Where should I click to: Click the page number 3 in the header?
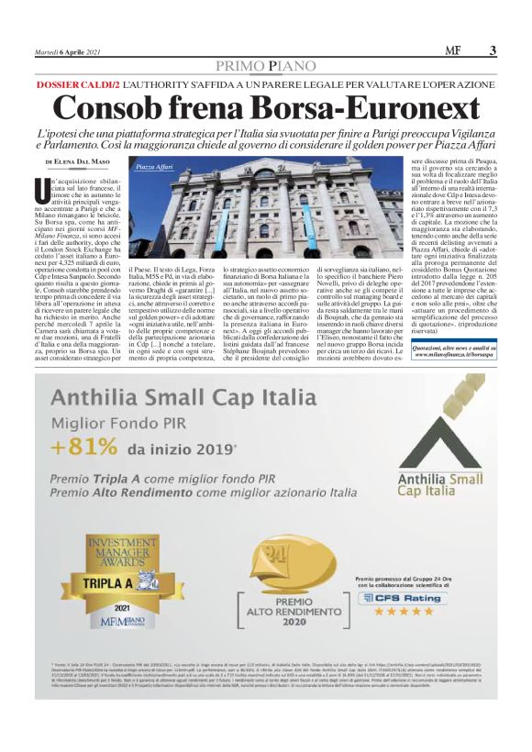(x=493, y=51)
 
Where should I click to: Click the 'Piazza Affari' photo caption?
(x=154, y=168)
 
